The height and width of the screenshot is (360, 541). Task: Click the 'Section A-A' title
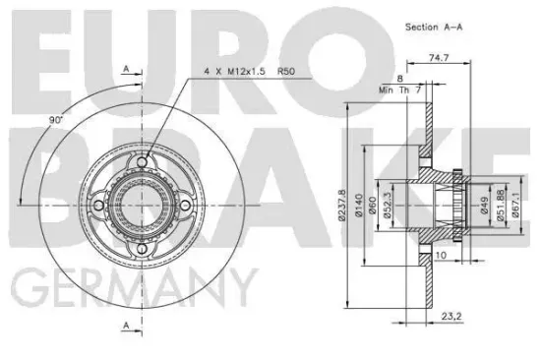point(433,28)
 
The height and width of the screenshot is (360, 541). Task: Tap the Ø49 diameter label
point(486,208)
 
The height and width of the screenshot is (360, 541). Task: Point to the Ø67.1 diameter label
point(517,208)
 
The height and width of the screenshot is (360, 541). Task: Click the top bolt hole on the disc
point(145,162)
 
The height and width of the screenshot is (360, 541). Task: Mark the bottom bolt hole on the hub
point(145,249)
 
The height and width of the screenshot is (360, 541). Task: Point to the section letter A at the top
point(126,68)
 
